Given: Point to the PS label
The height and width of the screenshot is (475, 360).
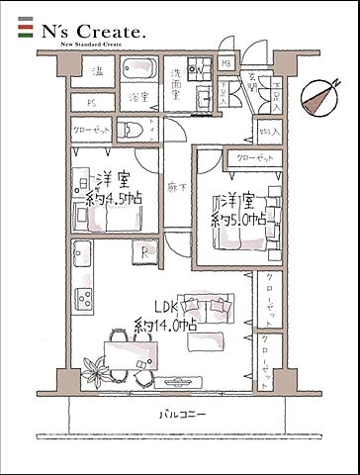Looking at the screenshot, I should (x=91, y=101).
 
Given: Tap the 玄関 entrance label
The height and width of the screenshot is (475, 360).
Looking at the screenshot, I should (x=254, y=86).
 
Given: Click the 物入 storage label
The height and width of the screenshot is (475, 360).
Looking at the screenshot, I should (x=269, y=131).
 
